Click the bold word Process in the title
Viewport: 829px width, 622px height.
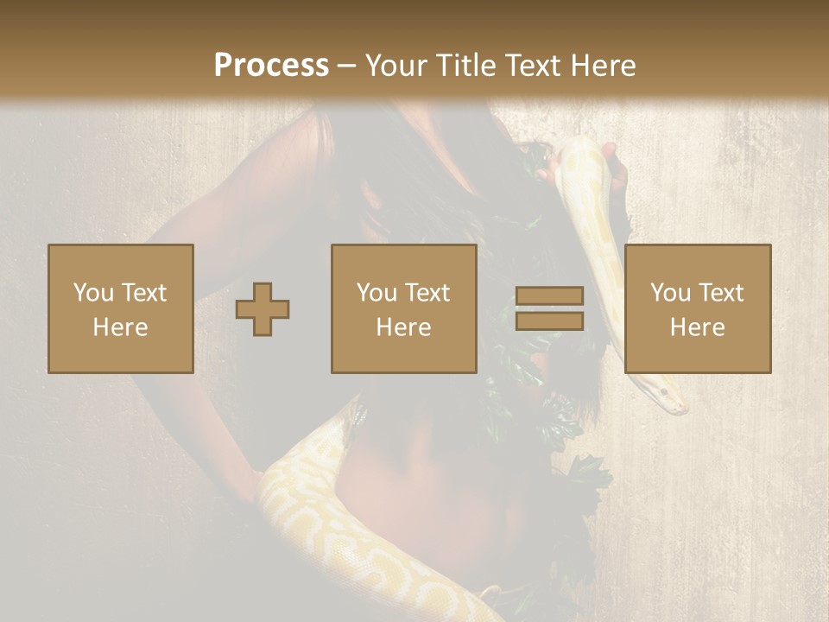(x=271, y=66)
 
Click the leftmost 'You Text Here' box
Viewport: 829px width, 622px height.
(x=121, y=308)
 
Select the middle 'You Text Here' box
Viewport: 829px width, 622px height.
(x=404, y=308)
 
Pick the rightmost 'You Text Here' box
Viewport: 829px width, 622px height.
(x=698, y=308)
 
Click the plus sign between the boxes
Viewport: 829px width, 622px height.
(x=263, y=308)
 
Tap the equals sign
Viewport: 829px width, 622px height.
(x=549, y=308)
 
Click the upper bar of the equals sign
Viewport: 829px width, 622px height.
(x=549, y=295)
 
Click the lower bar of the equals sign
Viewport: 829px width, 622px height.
(x=549, y=321)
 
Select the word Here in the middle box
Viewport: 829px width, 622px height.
(x=404, y=327)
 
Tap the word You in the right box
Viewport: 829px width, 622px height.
(x=669, y=293)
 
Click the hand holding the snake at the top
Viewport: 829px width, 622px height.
(x=616, y=164)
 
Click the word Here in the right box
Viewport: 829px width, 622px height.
(x=698, y=327)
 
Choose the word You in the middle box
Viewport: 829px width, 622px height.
(x=377, y=293)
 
